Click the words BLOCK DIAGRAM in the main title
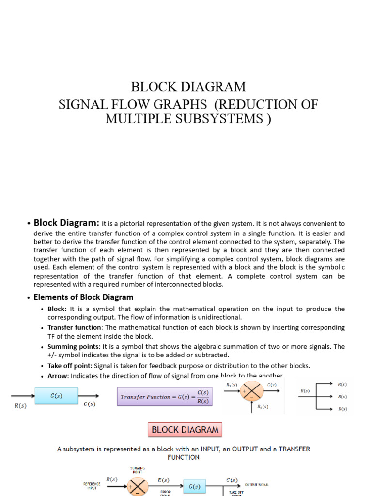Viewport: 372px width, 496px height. coord(188,87)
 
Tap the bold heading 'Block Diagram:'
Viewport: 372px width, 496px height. coord(66,223)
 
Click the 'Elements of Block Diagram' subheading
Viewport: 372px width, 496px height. coord(83,297)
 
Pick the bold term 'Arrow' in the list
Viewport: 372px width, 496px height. coord(58,376)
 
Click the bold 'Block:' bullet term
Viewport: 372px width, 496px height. coord(58,309)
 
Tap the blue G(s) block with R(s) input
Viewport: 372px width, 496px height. coord(56,396)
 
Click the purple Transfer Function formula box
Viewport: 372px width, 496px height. coord(165,396)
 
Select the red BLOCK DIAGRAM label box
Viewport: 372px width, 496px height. coord(184,430)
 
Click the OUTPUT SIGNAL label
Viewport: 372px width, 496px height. coord(257,484)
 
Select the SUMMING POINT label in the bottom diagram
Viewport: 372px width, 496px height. coord(138,470)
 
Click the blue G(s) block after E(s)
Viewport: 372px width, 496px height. coord(194,486)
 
